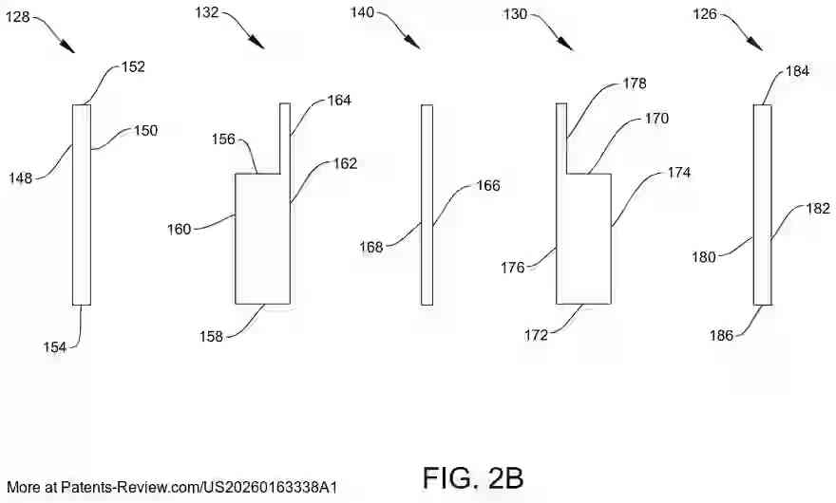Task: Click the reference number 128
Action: [x=18, y=17]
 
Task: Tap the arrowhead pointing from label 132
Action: [x=257, y=42]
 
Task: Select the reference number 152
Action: [x=133, y=66]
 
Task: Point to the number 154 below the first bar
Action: [x=55, y=347]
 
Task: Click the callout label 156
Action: [x=223, y=140]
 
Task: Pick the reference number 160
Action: [x=180, y=229]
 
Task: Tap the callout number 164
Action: [x=339, y=101]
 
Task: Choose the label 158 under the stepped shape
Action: [x=211, y=337]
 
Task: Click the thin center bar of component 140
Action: [x=427, y=205]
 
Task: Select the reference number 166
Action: [x=488, y=185]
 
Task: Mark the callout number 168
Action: [x=371, y=248]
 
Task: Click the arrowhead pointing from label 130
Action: [x=565, y=44]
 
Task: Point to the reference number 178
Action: [x=635, y=84]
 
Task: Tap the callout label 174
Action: [x=678, y=173]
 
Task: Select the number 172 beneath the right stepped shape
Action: [x=536, y=335]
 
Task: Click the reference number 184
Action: [x=798, y=71]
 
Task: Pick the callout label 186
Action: [x=721, y=335]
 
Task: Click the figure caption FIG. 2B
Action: [x=473, y=478]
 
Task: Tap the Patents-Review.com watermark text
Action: [x=172, y=487]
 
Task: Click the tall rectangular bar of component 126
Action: [x=763, y=205]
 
